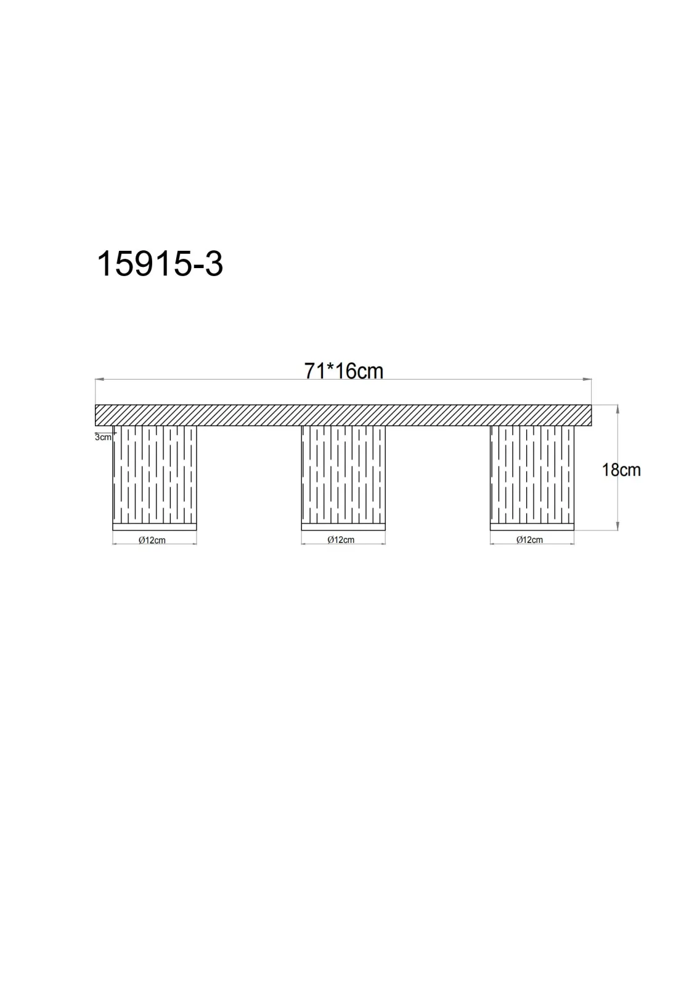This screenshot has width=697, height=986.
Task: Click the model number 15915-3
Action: [160, 264]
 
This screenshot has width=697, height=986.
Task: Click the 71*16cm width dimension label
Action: [343, 371]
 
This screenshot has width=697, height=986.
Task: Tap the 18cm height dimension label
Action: [621, 470]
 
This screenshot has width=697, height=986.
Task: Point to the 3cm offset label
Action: [103, 437]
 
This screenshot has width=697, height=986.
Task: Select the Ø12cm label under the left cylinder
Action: [152, 540]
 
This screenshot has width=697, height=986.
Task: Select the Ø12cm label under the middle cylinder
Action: [341, 540]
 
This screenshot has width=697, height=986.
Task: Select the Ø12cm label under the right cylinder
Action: [530, 540]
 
